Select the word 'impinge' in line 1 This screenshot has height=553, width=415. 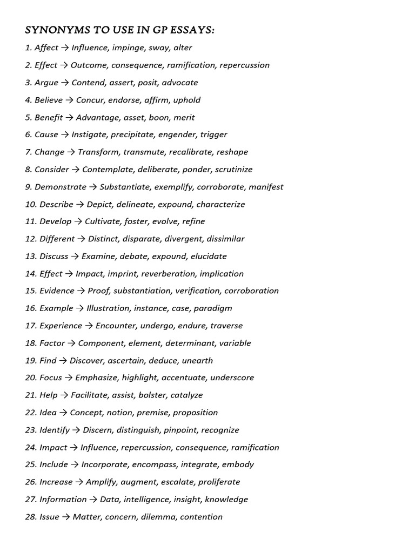pos(128,48)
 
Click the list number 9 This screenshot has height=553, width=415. pos(29,187)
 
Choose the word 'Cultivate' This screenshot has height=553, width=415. pos(102,221)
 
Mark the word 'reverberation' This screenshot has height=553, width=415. pos(168,273)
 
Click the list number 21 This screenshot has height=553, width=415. pos(30,395)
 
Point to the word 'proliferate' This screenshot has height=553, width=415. pos(219,482)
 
